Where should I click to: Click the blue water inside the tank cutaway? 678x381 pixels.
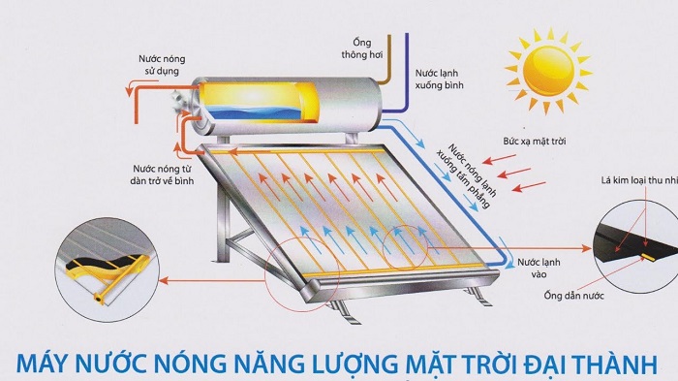tap(262, 114)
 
